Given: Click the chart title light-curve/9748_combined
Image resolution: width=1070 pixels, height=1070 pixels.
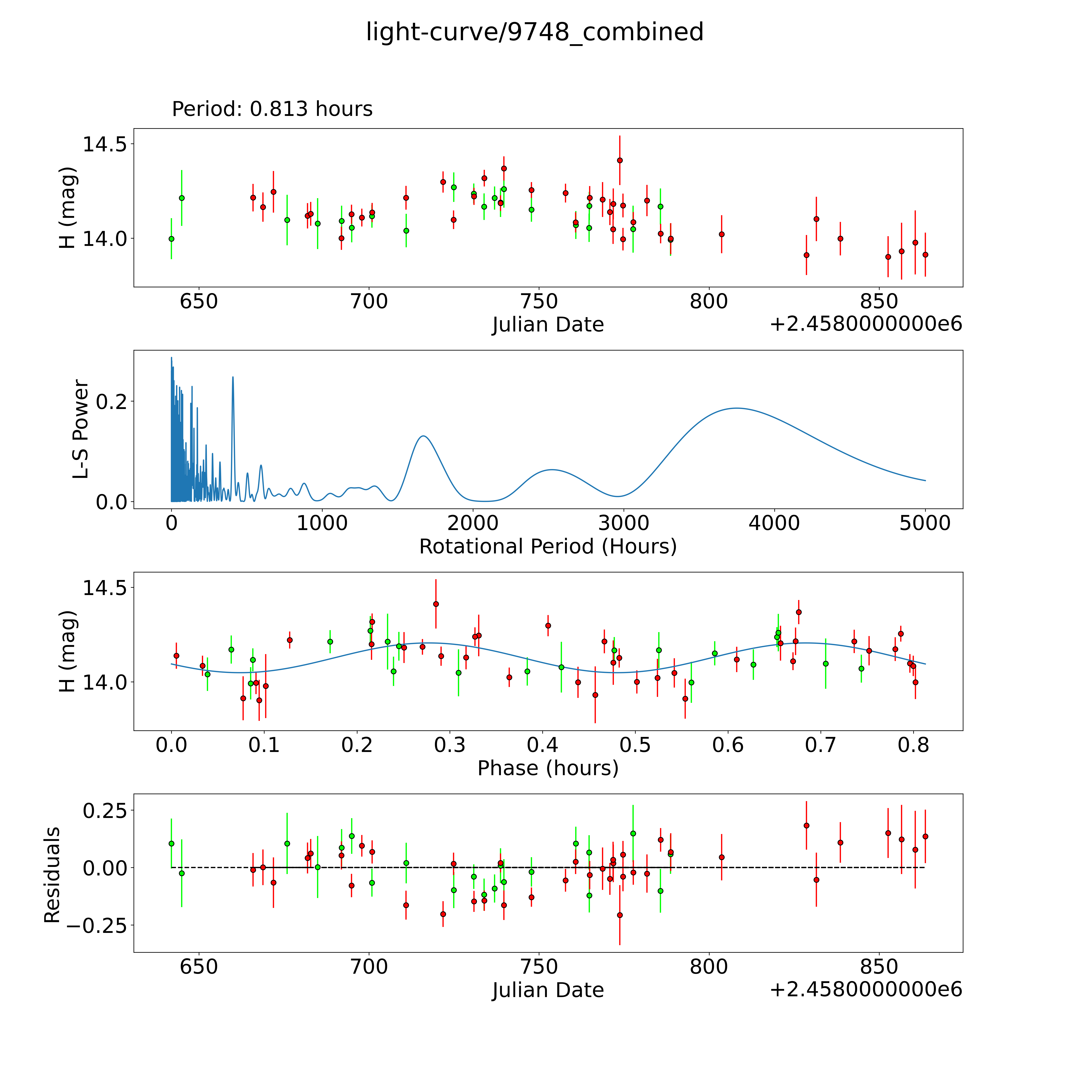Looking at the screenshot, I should [534, 32].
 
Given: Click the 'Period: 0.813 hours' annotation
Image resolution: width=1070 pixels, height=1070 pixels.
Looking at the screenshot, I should [272, 109].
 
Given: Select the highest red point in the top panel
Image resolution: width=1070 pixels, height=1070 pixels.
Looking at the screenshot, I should [620, 161].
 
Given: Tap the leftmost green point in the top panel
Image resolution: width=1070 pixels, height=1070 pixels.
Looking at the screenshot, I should [172, 239].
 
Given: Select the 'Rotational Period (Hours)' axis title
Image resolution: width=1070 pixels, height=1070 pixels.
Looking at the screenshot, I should [548, 547].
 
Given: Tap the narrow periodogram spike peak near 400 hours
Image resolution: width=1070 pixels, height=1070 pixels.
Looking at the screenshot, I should [233, 377].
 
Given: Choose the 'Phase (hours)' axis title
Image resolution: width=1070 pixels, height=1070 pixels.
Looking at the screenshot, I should [548, 768].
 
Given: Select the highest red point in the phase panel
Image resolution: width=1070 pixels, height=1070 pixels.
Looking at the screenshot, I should [436, 604].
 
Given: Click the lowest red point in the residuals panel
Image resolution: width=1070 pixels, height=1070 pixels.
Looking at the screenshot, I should [620, 915].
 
